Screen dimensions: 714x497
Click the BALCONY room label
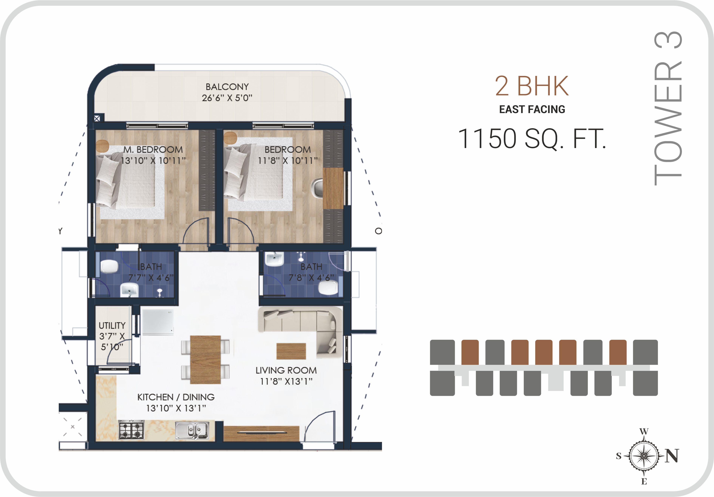pyautogui.click(x=227, y=87)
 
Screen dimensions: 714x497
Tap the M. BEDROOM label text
pyautogui.click(x=153, y=150)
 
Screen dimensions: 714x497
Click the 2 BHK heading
pyautogui.click(x=532, y=86)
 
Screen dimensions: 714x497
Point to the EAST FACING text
pyautogui.click(x=532, y=109)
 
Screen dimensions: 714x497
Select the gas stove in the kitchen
pyautogui.click(x=131, y=430)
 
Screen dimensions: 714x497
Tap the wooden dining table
pyautogui.click(x=205, y=360)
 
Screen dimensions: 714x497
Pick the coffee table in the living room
pyautogui.click(x=291, y=351)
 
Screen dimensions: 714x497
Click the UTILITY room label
pyautogui.click(x=112, y=325)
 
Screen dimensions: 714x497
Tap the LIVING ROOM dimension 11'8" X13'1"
pyautogui.click(x=286, y=381)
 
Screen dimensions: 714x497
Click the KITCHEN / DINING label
pyautogui.click(x=176, y=397)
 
